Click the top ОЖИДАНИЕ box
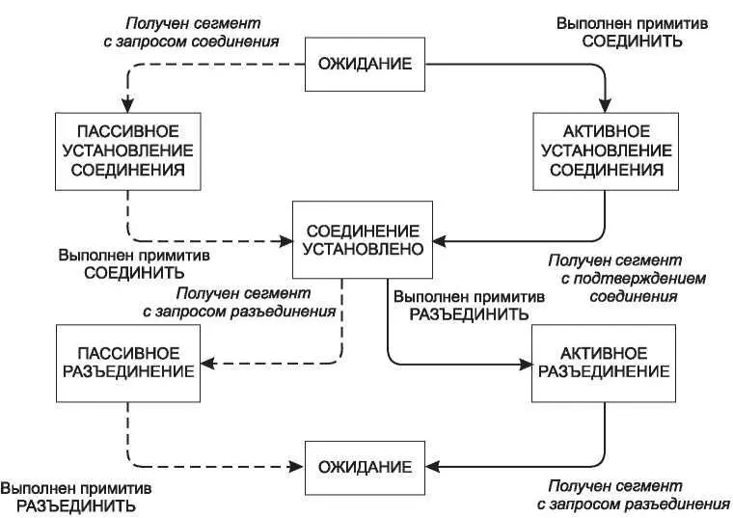pyautogui.click(x=365, y=64)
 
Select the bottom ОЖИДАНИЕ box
pyautogui.click(x=365, y=467)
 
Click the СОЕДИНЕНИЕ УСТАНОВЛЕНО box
pyautogui.click(x=364, y=240)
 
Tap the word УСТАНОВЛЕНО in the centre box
pyautogui.click(x=364, y=250)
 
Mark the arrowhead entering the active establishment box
pyautogui.click(x=605, y=105)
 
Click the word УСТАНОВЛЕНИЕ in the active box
pyautogui.click(x=604, y=150)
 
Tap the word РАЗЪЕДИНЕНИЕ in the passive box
pyautogui.click(x=127, y=370)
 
